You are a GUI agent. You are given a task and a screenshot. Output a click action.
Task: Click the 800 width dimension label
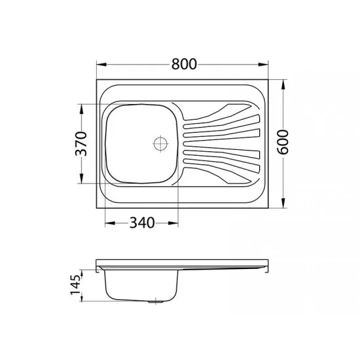pyautogui.click(x=184, y=64)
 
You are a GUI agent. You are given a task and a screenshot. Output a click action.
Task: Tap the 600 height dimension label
pyautogui.click(x=282, y=142)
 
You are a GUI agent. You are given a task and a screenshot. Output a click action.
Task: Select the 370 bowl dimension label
pyautogui.click(x=81, y=144)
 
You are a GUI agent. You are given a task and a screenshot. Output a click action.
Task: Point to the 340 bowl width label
pyautogui.click(x=142, y=223)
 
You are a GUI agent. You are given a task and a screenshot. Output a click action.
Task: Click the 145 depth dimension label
pyautogui.click(x=75, y=285)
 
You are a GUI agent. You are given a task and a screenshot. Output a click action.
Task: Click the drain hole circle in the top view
pyautogui.click(x=160, y=144)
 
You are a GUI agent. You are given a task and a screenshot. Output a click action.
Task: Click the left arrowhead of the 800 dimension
pyautogui.click(x=101, y=64)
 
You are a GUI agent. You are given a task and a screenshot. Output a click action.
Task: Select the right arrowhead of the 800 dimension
pyautogui.click(x=263, y=64)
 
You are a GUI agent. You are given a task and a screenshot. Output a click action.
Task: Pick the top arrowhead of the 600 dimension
pyautogui.click(x=283, y=84)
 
